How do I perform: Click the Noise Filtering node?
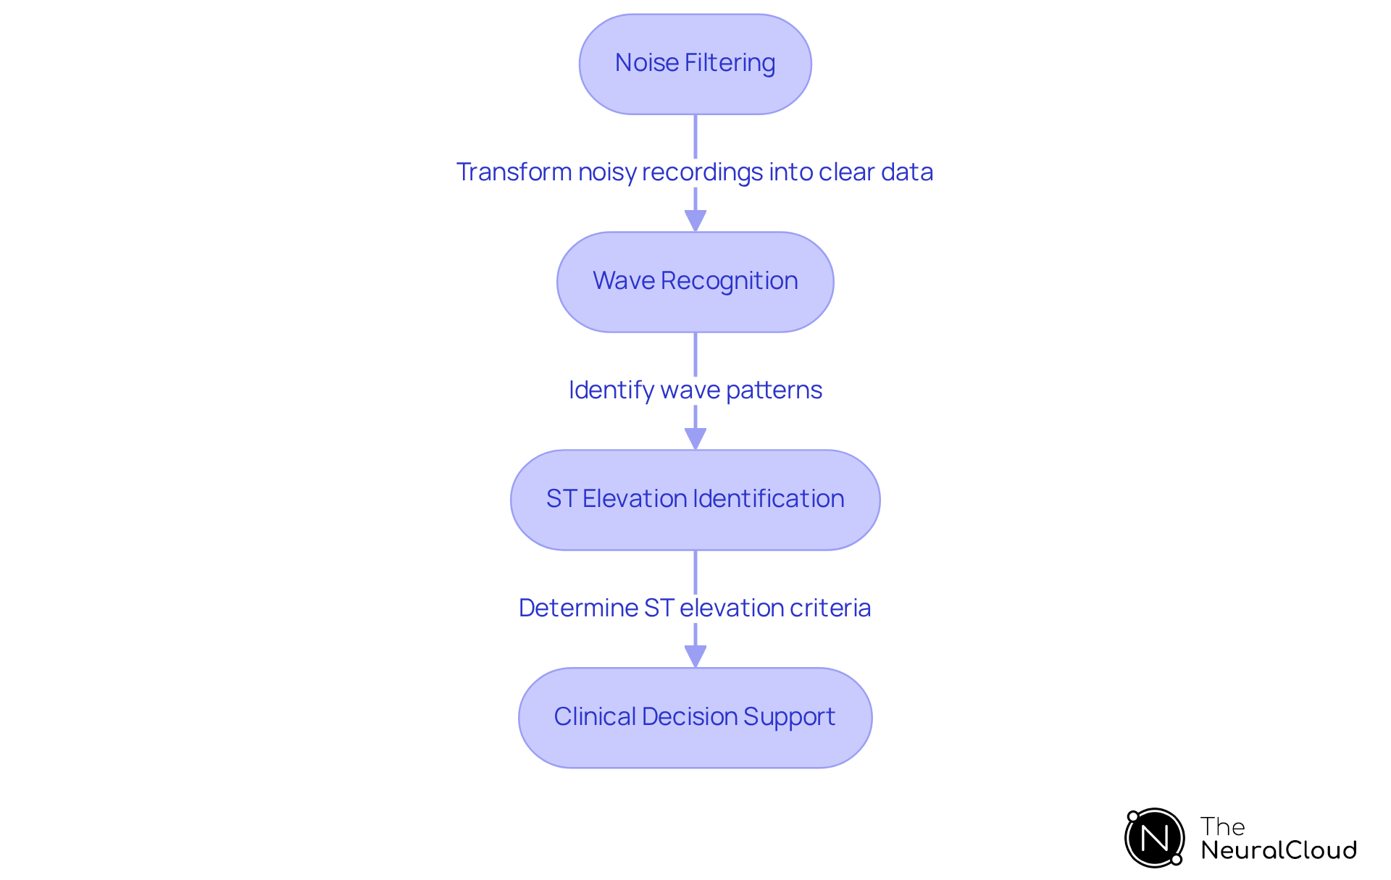695,64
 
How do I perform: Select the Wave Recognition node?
695,282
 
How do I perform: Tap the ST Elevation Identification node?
695,500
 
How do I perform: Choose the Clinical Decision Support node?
695,718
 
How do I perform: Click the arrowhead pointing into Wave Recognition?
695,220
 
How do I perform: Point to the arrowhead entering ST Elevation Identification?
695,438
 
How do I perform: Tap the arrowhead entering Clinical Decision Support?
695,656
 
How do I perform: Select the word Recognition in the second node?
729,281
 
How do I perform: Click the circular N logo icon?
1155,838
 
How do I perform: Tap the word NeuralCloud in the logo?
1279,850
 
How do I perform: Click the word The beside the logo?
1222,826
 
